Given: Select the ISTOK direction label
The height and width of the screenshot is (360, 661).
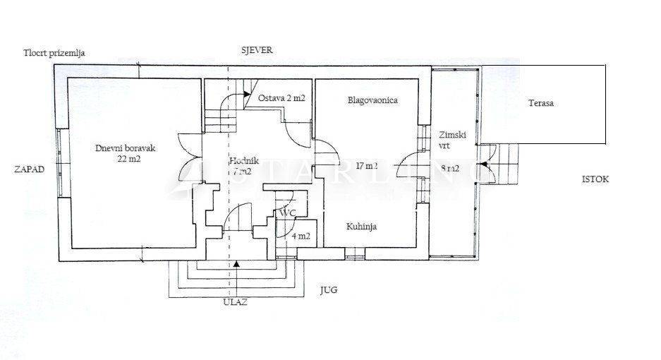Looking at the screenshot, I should (x=595, y=179).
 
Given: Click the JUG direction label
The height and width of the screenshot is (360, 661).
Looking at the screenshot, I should (x=329, y=289).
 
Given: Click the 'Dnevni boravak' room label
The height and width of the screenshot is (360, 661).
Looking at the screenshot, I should (x=125, y=148).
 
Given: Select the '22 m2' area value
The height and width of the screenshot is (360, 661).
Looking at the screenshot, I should (x=128, y=159).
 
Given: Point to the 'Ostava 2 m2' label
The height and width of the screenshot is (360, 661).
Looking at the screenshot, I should (x=281, y=98).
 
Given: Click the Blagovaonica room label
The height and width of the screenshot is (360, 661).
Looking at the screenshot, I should (x=372, y=100).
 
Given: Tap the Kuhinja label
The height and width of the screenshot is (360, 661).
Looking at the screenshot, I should (x=360, y=227).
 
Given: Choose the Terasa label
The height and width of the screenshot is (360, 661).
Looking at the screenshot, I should (x=541, y=103).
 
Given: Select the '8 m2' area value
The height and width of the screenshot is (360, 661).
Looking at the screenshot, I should (x=450, y=169).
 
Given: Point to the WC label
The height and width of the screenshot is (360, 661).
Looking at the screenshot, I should (x=287, y=212).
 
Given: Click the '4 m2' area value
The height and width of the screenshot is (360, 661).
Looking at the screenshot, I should (x=301, y=236).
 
